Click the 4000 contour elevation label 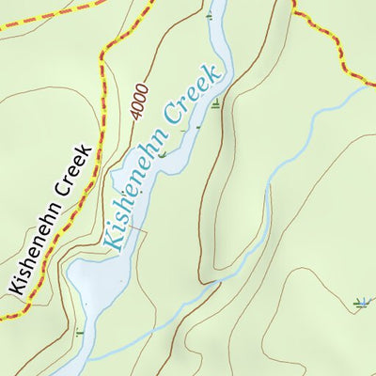click(x=140, y=97)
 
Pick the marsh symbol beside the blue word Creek click(x=217, y=104)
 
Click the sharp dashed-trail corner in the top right click(x=294, y=12)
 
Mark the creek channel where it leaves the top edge click(x=220, y=4)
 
